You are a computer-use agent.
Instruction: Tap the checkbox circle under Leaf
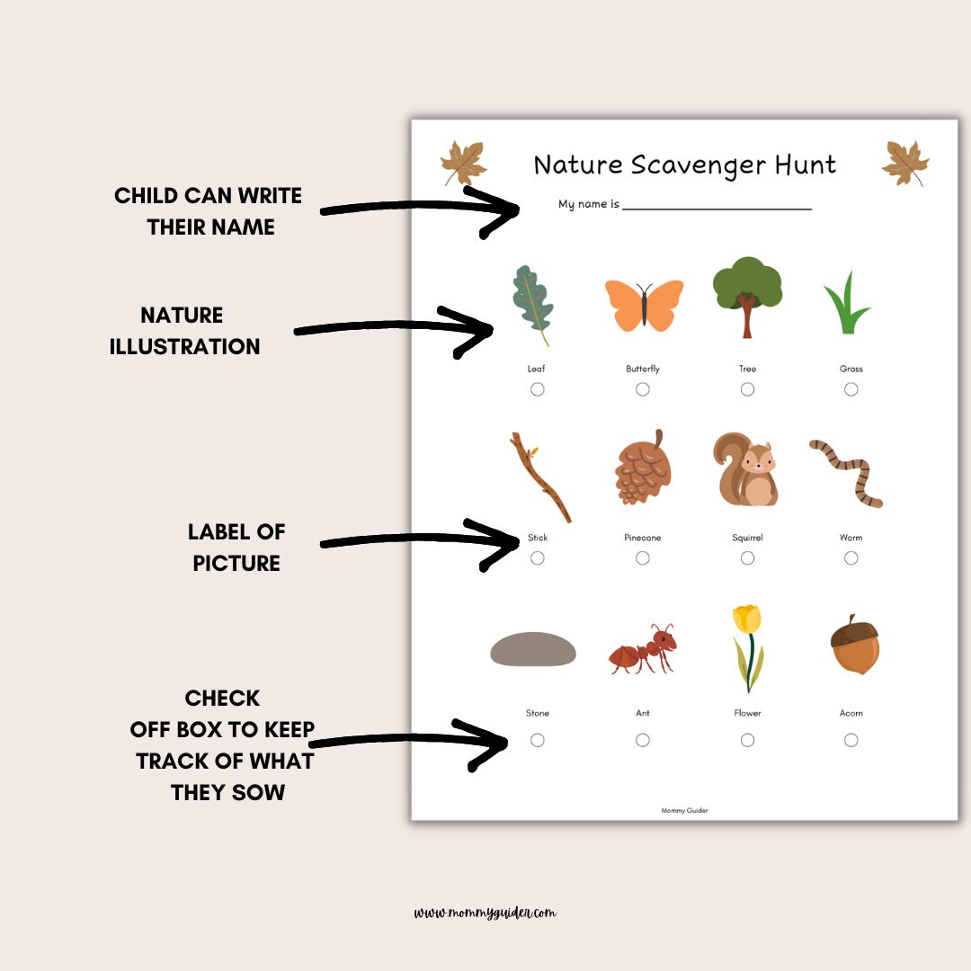pos(538,389)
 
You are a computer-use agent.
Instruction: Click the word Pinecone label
pos(643,538)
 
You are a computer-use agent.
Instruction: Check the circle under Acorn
pos(851,740)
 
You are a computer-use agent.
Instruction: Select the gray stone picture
pos(533,649)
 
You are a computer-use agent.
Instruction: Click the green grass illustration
pos(845,306)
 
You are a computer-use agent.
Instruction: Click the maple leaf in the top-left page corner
pos(463,164)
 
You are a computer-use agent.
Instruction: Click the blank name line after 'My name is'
pos(717,206)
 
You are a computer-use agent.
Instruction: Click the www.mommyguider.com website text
pos(485,913)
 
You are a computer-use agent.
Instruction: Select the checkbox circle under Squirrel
pos(747,558)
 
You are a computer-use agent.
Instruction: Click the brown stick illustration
pos(540,477)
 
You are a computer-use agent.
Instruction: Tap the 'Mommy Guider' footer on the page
pos(684,810)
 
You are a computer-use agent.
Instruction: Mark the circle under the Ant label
pos(643,740)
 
